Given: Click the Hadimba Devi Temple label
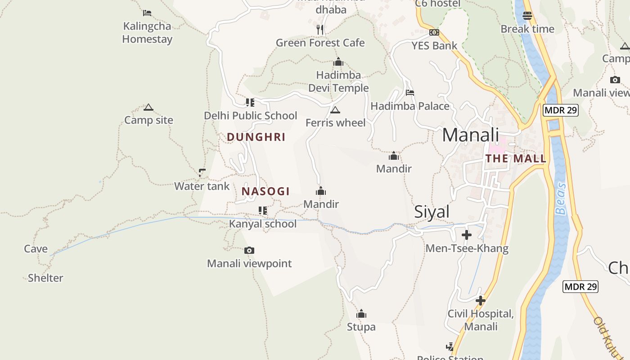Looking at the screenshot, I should point(338,81).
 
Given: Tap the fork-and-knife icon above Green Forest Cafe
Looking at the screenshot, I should point(320,30).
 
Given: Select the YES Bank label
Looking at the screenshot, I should point(434,45).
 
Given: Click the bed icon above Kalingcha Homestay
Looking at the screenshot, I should point(147,13).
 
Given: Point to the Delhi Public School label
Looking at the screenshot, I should point(250,116).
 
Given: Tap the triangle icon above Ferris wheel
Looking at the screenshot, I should point(335,110).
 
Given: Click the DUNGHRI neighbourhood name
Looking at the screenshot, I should point(256,137).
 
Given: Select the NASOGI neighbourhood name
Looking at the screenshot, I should point(265,191).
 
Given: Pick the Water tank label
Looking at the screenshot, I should point(202,186).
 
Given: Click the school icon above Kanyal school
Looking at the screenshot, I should point(263,211).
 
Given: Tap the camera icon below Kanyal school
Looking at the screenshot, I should point(249,251).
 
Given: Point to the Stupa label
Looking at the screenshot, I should point(361,327).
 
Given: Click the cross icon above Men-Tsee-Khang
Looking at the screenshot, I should point(467,235).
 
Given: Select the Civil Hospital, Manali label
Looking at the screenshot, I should point(481,320).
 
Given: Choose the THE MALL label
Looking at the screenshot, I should point(516,158).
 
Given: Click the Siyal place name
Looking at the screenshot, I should point(432,212).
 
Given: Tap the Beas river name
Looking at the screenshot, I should point(561,198).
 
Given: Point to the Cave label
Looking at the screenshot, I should point(36,249).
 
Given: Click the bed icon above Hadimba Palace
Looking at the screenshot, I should point(410,93).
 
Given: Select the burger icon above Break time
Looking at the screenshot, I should point(527,16).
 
